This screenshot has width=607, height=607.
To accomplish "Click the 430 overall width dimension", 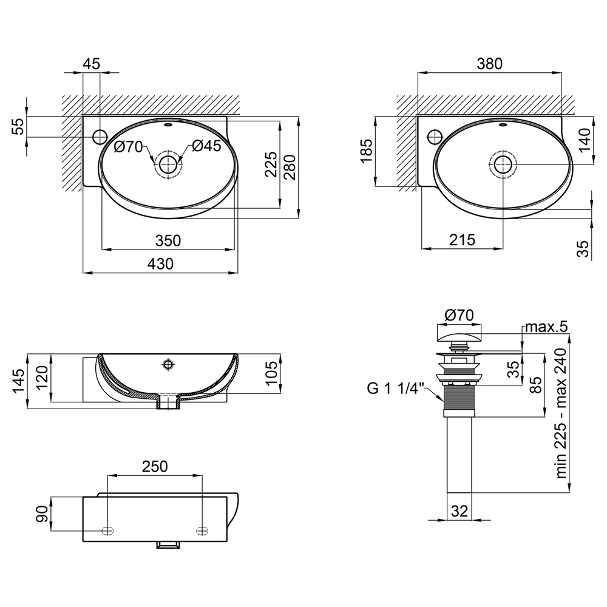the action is tap(160, 264).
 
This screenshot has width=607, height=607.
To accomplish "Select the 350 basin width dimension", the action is tap(168, 241).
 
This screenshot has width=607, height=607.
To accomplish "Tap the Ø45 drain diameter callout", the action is tap(206, 146).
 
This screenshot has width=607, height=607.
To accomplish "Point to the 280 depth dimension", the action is tap(291, 168).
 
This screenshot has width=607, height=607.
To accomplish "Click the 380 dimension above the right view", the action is tap(490, 64).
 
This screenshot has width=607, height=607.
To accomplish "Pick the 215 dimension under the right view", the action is tap(462, 240).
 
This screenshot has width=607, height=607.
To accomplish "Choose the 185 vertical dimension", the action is tap(366, 151).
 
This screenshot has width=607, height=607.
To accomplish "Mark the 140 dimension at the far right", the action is tap(584, 140).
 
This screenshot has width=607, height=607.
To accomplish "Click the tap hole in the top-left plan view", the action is tap(100, 137).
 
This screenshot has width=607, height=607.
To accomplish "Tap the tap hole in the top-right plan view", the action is tap(435, 136).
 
